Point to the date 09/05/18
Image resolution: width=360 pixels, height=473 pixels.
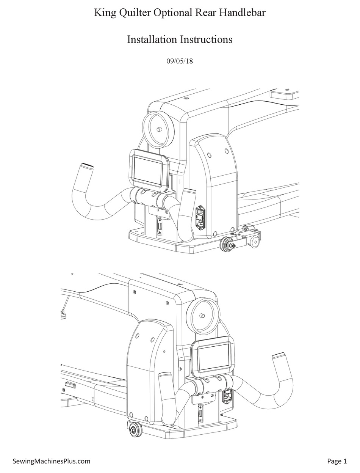point(180,61)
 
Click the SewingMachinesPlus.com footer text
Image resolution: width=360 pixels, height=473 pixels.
point(52,461)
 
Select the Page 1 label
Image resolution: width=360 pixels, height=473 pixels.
point(337,461)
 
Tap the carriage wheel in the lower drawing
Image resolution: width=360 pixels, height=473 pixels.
point(134,430)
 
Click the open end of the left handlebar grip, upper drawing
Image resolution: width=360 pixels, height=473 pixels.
point(86,166)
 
